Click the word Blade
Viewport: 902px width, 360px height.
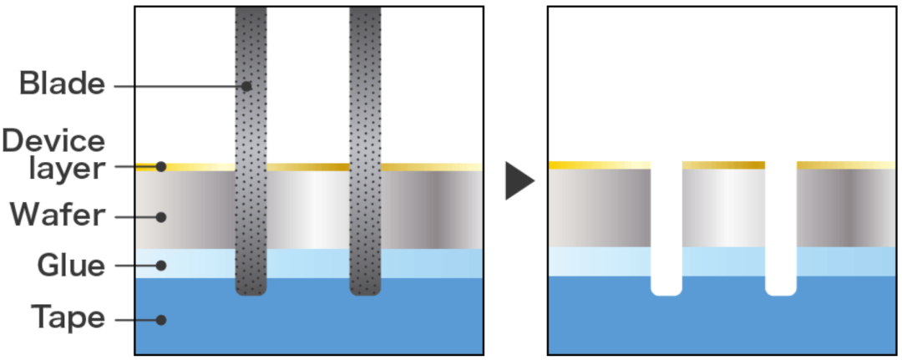[62, 84]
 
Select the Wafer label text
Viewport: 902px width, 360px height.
[58, 215]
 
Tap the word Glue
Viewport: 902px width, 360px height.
[71, 266]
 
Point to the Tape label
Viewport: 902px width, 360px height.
[68, 318]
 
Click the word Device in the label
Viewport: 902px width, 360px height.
[53, 141]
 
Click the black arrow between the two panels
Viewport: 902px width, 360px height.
[519, 181]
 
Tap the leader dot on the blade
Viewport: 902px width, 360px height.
[247, 86]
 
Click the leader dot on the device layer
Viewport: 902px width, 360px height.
[161, 166]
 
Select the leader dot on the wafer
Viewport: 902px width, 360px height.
[161, 217]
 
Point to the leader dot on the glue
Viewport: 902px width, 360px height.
[161, 266]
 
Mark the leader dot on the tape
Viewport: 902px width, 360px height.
[161, 319]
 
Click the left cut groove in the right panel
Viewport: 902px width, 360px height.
[666, 230]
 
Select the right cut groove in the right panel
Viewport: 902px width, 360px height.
[781, 230]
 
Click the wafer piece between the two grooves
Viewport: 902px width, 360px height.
[723, 208]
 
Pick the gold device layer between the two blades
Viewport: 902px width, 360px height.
[307, 167]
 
